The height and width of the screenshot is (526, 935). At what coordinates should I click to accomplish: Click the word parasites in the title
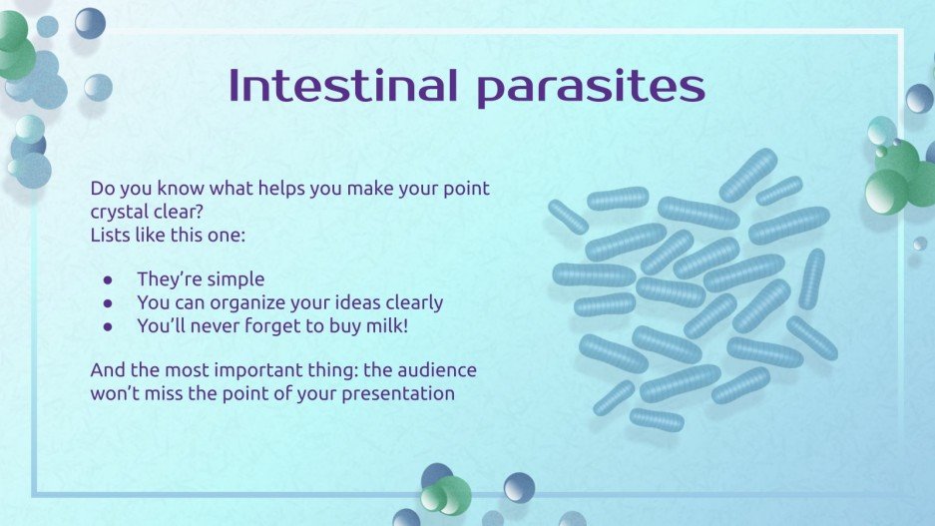pyautogui.click(x=591, y=88)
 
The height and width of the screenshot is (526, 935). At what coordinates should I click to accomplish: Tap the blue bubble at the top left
pyautogui.click(x=90, y=22)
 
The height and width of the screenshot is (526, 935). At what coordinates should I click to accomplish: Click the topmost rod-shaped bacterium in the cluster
pyautogui.click(x=748, y=174)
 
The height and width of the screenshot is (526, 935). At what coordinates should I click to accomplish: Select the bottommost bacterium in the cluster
pyautogui.click(x=657, y=419)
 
